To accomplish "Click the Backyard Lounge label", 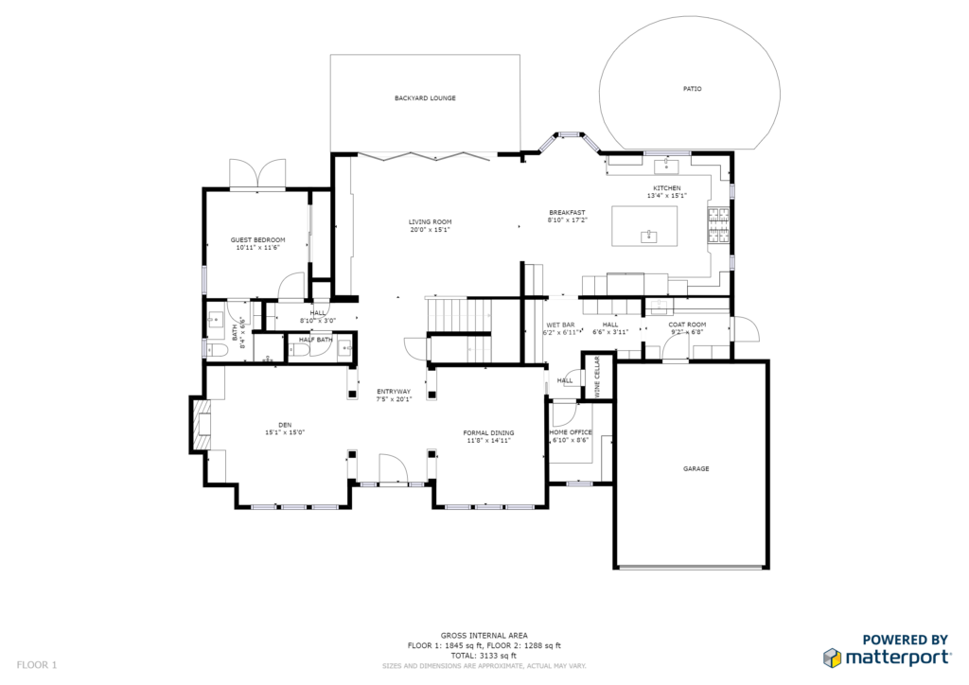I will pos(425,98).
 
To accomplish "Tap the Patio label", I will pos(693,89).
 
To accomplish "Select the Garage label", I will pos(696,468).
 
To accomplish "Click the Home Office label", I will pos(571,432).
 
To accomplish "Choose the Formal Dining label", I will pos(488,432).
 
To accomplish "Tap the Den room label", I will pos(285,425).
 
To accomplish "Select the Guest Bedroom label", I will pos(258,240).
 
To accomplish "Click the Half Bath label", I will pos(315,340).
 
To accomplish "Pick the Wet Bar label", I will pos(560,325).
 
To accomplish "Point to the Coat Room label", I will pos(687,325).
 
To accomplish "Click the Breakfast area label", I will pos(567,212).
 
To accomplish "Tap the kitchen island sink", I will pos(649,237).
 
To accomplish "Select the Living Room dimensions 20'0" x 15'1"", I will pos(430,230).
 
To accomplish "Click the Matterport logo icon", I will pos(832,657).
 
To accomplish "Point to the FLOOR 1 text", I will pos(37,664).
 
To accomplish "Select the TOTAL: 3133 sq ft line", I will pos(484,656).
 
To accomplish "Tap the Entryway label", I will pos(394,392).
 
